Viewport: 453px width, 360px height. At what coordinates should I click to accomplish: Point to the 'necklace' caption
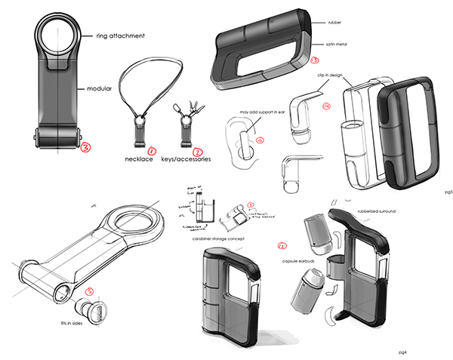point(140,160)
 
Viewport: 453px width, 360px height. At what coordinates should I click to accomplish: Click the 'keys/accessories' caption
point(187,160)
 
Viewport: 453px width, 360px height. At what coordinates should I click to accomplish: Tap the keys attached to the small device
point(187,109)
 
